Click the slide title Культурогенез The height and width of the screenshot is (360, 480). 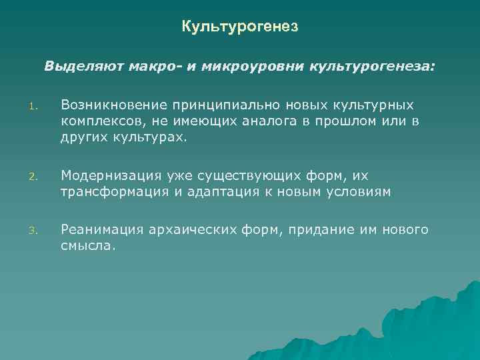click(239, 27)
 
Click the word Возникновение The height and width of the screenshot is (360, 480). click(113, 105)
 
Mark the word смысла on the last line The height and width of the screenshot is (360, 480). click(87, 246)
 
